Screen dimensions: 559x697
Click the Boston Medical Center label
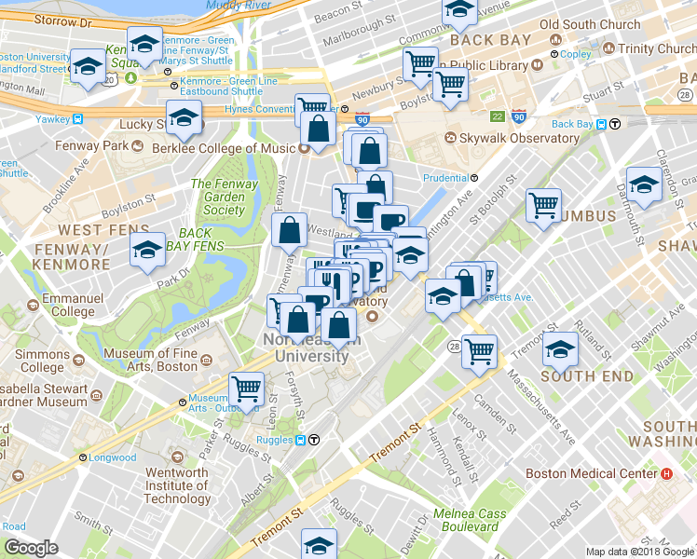click(592, 473)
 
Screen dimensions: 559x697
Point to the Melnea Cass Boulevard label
click(476, 520)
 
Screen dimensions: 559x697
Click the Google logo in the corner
click(31, 548)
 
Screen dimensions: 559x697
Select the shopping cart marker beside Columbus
click(544, 204)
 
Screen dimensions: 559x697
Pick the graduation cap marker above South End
click(560, 349)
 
